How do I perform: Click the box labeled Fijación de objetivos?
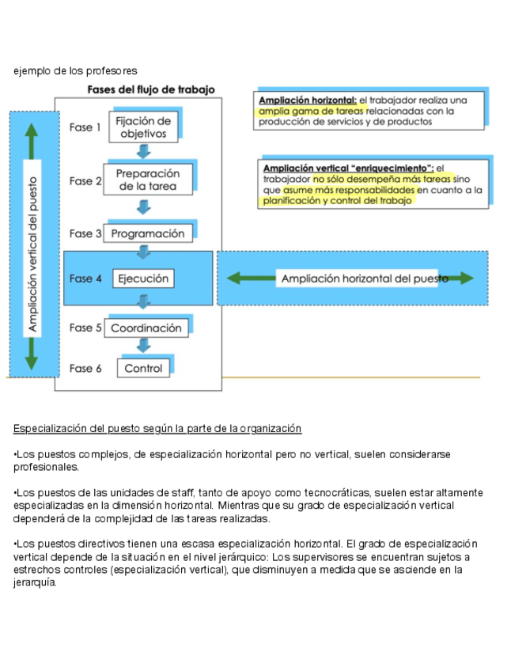point(143,127)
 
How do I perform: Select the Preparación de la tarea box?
point(148,180)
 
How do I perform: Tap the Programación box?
point(148,233)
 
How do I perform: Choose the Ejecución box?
point(143,279)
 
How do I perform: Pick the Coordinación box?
point(146,328)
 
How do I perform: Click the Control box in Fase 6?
point(143,368)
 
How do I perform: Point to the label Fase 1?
point(85,127)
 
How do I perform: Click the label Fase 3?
point(85,233)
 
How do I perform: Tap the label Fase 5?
point(85,328)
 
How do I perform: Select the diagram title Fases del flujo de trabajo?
point(150,89)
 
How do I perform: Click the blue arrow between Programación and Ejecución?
point(144,253)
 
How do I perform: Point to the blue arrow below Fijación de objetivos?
point(144,152)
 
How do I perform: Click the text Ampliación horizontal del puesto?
point(365,279)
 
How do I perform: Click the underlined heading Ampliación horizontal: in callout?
point(308,100)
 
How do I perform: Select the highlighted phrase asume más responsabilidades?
point(348,191)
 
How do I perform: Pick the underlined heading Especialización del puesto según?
point(157,428)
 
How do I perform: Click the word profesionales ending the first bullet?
point(47,468)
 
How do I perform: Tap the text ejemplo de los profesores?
point(75,71)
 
